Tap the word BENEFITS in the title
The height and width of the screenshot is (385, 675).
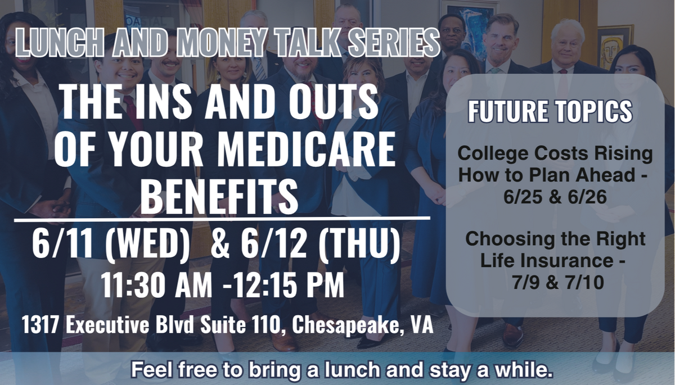tap(219, 196)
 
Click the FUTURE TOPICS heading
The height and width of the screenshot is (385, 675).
tap(550, 111)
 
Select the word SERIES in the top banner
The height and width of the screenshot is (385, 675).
tap(393, 43)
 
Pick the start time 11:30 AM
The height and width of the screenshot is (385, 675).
tap(157, 285)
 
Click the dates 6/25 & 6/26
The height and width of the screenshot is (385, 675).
tap(555, 197)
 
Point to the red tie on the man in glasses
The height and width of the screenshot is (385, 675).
tap(132, 112)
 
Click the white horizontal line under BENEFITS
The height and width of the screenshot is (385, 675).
tap(222, 219)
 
